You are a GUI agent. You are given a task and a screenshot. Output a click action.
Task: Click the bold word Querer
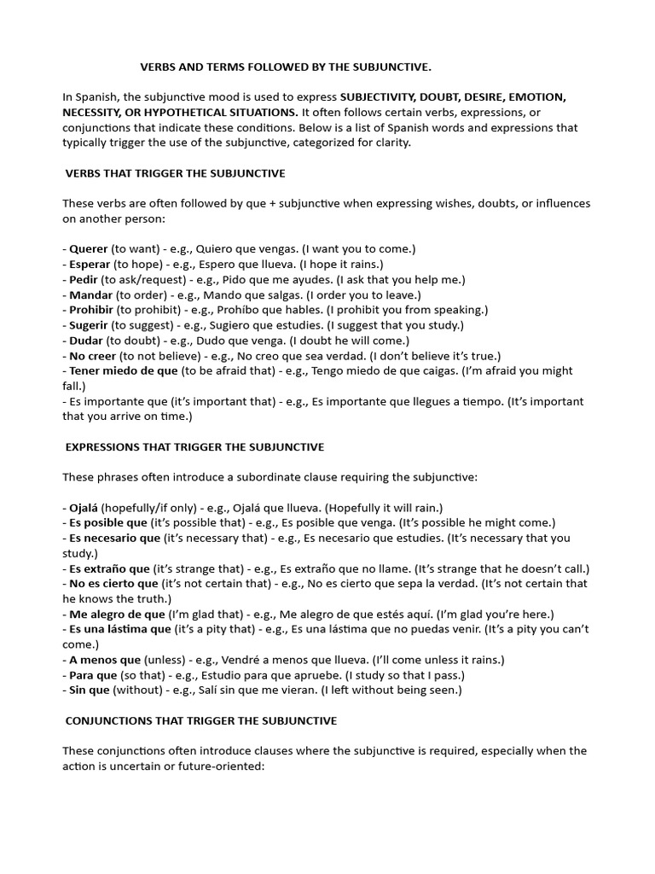(x=88, y=248)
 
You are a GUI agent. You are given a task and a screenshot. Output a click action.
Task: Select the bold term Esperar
(x=90, y=264)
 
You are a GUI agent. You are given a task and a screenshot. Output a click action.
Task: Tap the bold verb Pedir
(x=84, y=279)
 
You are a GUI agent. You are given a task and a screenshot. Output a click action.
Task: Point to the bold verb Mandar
(x=90, y=294)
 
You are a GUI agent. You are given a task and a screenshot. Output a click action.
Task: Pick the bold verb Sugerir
(x=90, y=325)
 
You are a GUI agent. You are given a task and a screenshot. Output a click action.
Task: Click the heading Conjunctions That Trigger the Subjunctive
(x=201, y=721)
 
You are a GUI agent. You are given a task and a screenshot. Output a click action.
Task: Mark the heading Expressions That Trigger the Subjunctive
(x=194, y=447)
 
